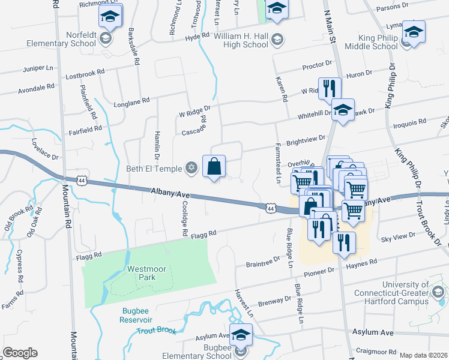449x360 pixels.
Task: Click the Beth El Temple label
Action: point(154,169)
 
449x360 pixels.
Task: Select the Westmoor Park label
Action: point(142,274)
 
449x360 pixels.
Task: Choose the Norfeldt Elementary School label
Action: point(60,39)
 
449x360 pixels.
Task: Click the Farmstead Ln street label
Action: point(279,163)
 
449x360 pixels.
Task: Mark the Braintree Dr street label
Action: point(264,263)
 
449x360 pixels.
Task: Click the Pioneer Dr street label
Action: point(318,272)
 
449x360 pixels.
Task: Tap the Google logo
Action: point(20,353)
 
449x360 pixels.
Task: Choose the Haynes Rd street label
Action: point(361,262)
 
